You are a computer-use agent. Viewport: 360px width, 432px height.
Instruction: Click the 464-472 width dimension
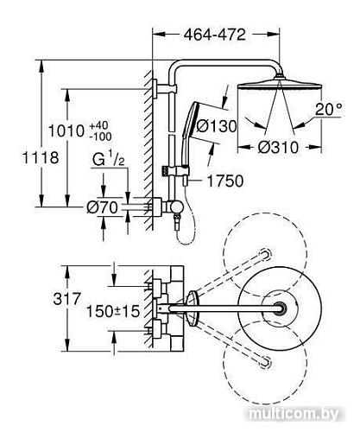tap(215, 35)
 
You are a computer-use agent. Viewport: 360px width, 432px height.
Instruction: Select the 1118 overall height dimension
tap(41, 158)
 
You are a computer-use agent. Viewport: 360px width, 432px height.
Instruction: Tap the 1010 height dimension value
tap(66, 131)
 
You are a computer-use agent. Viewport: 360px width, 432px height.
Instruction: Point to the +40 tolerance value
tap(98, 126)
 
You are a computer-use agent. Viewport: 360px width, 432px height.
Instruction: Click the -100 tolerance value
tap(100, 137)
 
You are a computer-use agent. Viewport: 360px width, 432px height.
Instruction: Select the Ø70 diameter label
tap(102, 207)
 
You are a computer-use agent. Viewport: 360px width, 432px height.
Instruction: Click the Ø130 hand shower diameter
tap(216, 126)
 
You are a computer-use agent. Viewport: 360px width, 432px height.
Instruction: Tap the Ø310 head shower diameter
tap(278, 148)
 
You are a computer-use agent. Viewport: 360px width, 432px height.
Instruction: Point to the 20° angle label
tap(329, 110)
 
